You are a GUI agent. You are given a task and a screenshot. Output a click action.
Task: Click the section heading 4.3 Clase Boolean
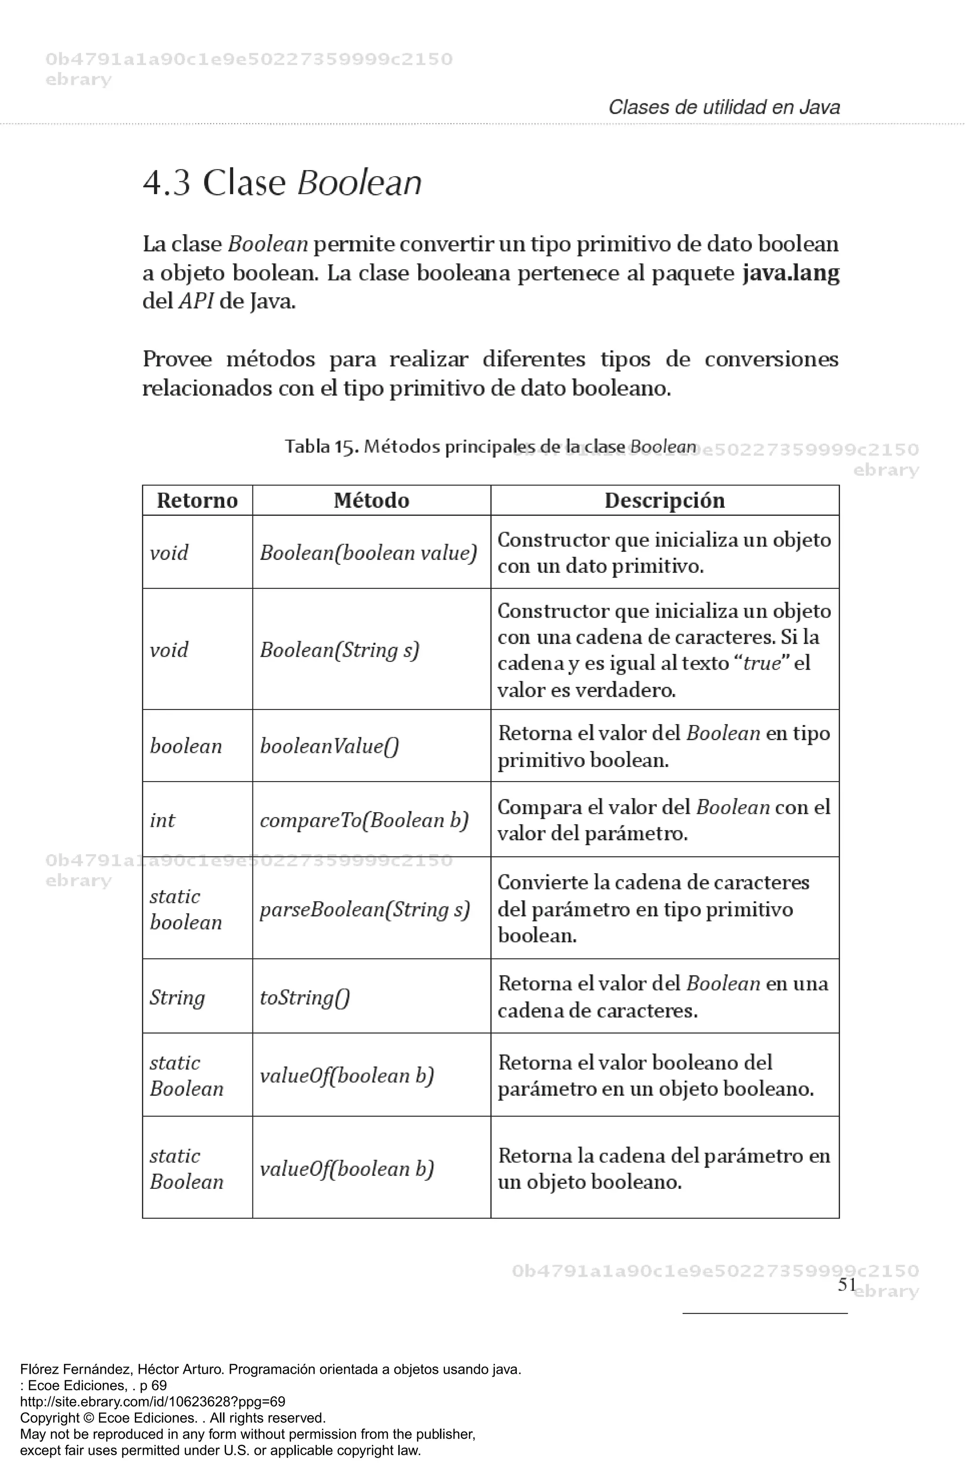pos(282,183)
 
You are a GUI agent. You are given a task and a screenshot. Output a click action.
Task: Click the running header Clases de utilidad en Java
pos(724,107)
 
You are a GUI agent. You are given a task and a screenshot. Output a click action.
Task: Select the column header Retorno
pos(197,500)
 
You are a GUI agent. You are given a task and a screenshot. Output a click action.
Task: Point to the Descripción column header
pos(664,500)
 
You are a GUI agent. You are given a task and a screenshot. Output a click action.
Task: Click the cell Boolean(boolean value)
pos(368,552)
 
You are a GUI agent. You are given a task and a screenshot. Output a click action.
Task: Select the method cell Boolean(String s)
pos(339,650)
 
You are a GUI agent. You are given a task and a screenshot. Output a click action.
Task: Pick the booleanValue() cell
pos(329,746)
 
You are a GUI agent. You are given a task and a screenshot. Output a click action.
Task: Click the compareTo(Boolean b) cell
pos(363,820)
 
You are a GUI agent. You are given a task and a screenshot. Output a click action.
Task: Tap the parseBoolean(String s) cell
pos(365,909)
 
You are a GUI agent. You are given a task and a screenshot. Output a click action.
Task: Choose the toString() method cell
pos(304,997)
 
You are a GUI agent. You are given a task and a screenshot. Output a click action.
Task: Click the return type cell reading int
pos(163,820)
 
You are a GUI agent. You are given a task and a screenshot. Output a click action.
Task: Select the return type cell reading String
pos(177,997)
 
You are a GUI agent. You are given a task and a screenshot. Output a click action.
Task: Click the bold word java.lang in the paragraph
pos(791,273)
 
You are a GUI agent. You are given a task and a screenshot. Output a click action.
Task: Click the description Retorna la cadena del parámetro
pos(664,1169)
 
